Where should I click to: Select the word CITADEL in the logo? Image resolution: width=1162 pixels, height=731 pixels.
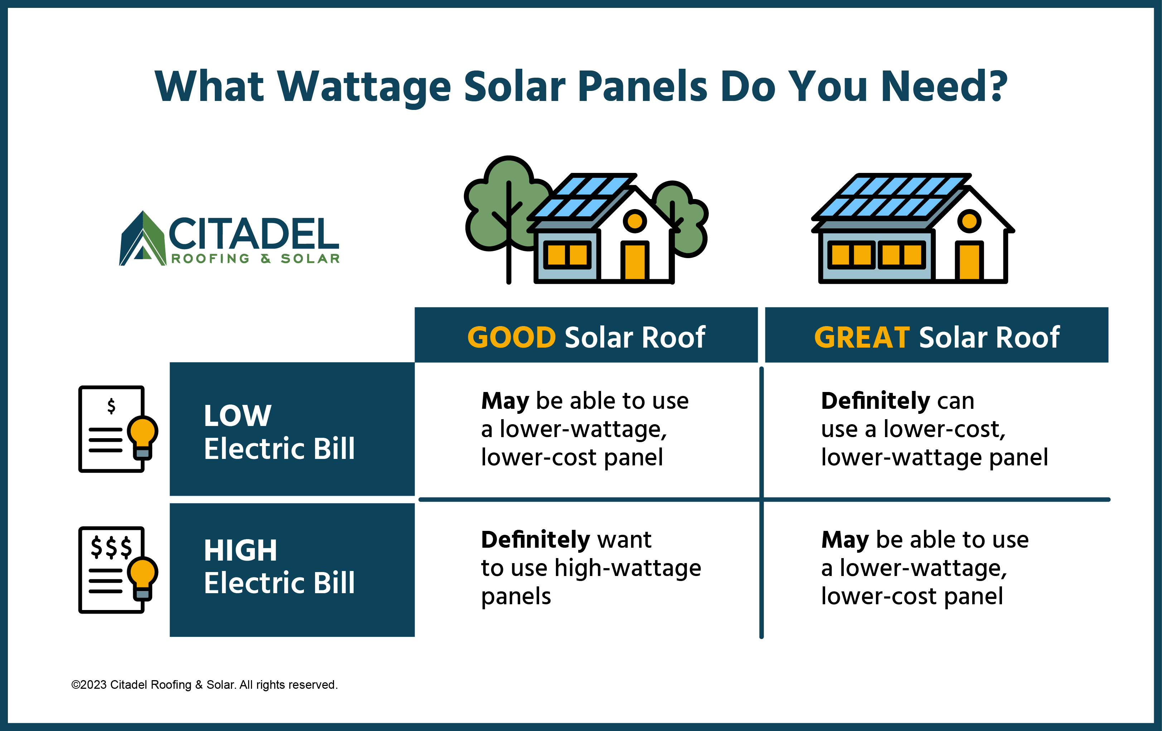(x=254, y=233)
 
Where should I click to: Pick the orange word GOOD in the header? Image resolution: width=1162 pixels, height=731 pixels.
(x=512, y=337)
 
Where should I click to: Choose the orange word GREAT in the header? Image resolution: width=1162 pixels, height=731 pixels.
(x=862, y=337)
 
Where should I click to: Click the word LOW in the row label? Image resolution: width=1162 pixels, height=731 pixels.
(x=237, y=416)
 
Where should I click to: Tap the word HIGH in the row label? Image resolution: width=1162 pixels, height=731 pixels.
(x=240, y=550)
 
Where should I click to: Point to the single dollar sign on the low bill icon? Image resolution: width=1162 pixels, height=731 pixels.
(x=111, y=406)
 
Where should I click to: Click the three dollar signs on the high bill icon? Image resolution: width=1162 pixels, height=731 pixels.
(x=111, y=547)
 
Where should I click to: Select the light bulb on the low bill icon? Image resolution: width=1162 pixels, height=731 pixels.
(x=142, y=437)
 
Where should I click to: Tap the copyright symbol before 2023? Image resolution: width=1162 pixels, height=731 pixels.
(x=75, y=685)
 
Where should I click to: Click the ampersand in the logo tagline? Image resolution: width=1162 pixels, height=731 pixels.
(x=265, y=258)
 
